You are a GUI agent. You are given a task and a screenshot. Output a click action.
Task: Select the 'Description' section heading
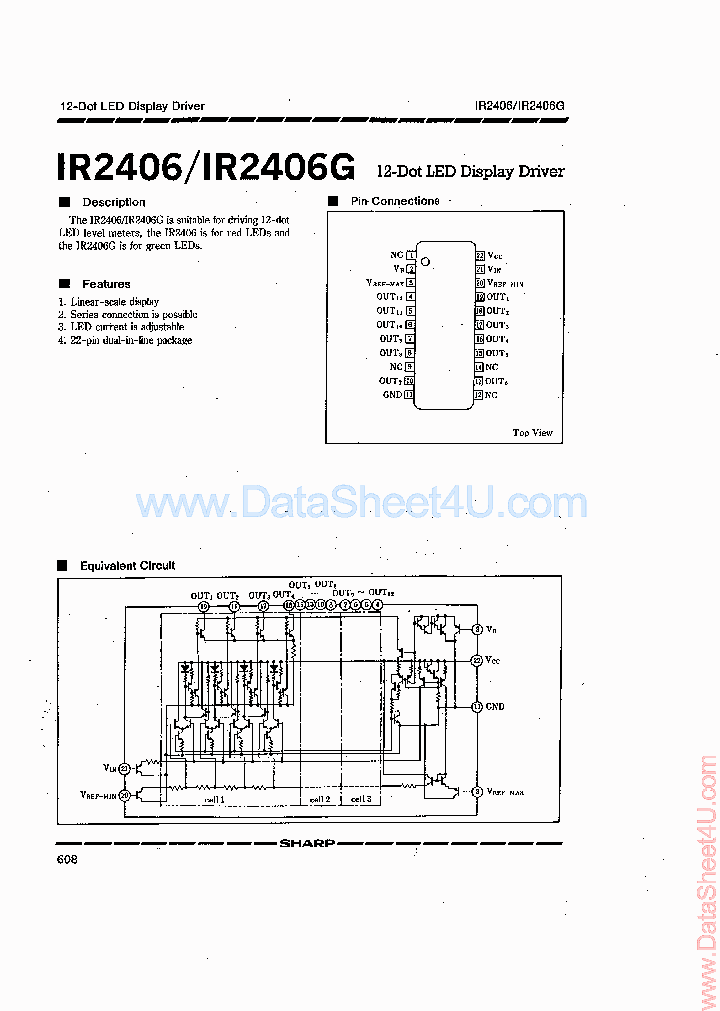[113, 202]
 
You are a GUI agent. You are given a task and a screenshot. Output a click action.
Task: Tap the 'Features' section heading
[106, 284]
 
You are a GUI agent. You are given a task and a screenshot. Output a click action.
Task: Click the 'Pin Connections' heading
[394, 201]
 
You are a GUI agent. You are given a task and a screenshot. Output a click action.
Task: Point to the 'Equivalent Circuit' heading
[127, 566]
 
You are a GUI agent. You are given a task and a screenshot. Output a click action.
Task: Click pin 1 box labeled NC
[410, 256]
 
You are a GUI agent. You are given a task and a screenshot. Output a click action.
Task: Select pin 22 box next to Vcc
[480, 256]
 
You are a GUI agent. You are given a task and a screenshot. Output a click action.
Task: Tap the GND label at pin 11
[392, 395]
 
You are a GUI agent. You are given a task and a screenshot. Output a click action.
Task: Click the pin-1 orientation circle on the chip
[425, 262]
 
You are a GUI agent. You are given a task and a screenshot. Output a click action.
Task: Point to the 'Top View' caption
[532, 433]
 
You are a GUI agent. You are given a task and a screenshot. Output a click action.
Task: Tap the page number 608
[68, 860]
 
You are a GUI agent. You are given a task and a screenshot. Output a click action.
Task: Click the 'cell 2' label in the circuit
[320, 800]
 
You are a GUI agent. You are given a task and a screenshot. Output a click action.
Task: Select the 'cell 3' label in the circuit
[360, 800]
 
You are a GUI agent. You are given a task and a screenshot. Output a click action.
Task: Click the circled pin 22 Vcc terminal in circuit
[477, 660]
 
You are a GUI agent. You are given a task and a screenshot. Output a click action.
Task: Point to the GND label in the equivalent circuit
[495, 706]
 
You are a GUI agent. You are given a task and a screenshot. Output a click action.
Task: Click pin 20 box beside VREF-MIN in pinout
[480, 284]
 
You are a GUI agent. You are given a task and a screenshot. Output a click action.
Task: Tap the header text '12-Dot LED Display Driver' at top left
[133, 106]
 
